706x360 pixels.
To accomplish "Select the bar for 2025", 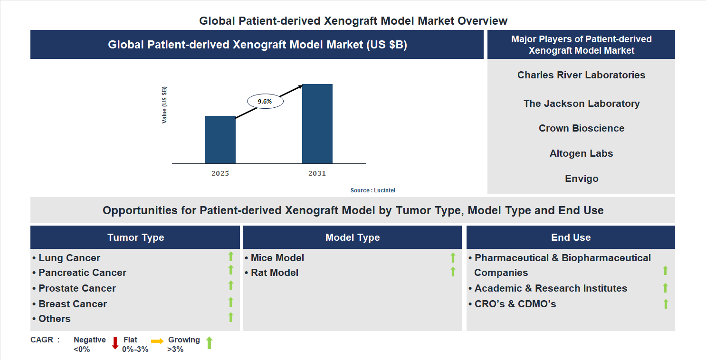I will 220,140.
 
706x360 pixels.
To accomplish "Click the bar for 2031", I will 317,124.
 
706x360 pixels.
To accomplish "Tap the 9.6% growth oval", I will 265,101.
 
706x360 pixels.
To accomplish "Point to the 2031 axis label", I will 317,173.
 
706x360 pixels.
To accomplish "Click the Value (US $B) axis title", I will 164,105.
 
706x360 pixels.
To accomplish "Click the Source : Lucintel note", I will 372,190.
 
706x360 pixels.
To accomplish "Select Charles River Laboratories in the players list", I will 581,75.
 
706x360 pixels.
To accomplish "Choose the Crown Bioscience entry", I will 581,128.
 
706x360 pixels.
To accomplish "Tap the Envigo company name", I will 581,179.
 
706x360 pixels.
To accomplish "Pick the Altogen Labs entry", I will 581,153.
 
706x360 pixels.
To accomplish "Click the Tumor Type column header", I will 135,237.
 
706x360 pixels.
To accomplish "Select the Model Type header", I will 352,237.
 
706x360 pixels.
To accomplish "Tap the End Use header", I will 571,237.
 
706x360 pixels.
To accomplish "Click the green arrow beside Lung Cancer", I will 231,257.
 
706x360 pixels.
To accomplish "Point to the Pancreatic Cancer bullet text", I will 82,273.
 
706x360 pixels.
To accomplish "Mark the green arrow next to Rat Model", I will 453,272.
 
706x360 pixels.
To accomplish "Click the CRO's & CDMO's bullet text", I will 515,304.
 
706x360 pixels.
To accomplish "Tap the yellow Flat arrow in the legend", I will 157,341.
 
